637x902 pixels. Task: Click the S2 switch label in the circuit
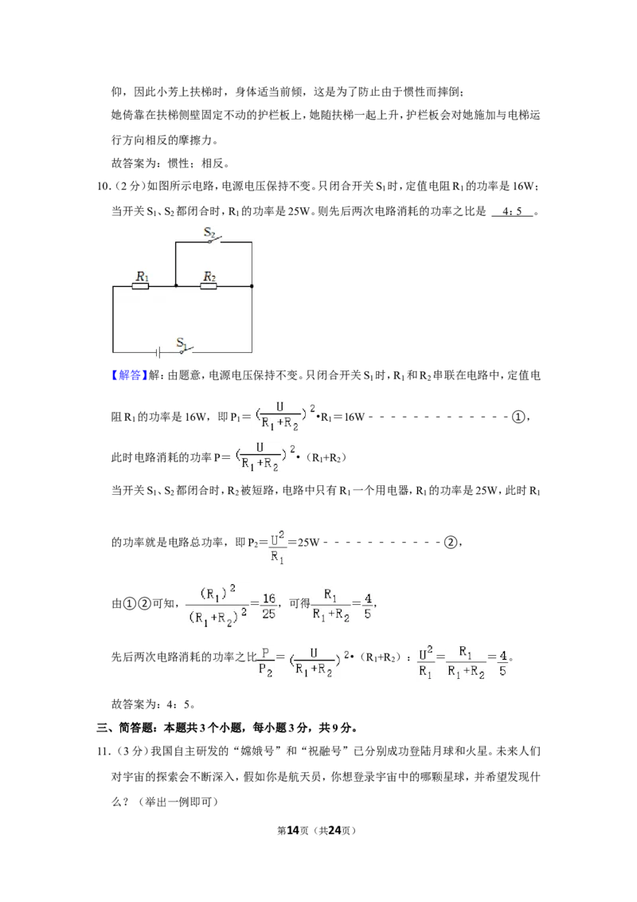(x=209, y=233)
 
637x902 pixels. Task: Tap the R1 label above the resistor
(x=142, y=276)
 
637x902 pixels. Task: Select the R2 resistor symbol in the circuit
(x=209, y=285)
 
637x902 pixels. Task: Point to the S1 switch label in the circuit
(x=182, y=343)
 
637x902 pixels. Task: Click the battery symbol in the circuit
(x=158, y=352)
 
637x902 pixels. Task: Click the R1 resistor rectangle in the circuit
(x=141, y=285)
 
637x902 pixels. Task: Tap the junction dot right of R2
(x=252, y=286)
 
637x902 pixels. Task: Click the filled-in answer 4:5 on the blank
(x=512, y=211)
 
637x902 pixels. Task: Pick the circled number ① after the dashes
(x=518, y=417)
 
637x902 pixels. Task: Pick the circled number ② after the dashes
(x=451, y=542)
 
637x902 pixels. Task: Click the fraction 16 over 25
(x=268, y=606)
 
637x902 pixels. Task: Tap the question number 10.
(x=103, y=186)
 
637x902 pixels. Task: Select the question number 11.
(x=103, y=751)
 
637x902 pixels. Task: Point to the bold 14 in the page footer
(x=293, y=830)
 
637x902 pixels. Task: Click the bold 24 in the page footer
(x=334, y=830)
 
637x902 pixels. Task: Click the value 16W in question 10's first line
(x=522, y=186)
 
